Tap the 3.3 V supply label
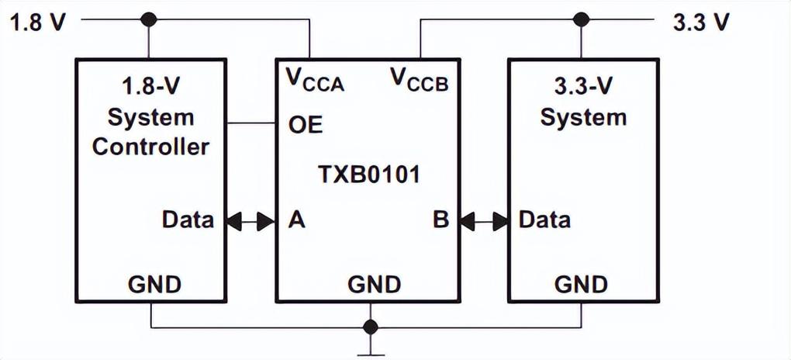(x=701, y=21)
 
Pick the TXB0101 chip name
(x=368, y=174)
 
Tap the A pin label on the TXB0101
(x=296, y=220)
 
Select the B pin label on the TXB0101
(x=440, y=220)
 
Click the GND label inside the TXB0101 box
(x=374, y=284)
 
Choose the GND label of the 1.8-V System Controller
(x=154, y=284)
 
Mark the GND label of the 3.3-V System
(x=581, y=284)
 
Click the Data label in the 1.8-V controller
(x=188, y=220)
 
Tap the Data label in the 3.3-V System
(x=544, y=220)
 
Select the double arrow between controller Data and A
(x=251, y=222)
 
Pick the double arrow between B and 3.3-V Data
(x=484, y=222)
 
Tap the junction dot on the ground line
(x=371, y=326)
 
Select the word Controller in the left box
(x=151, y=146)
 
